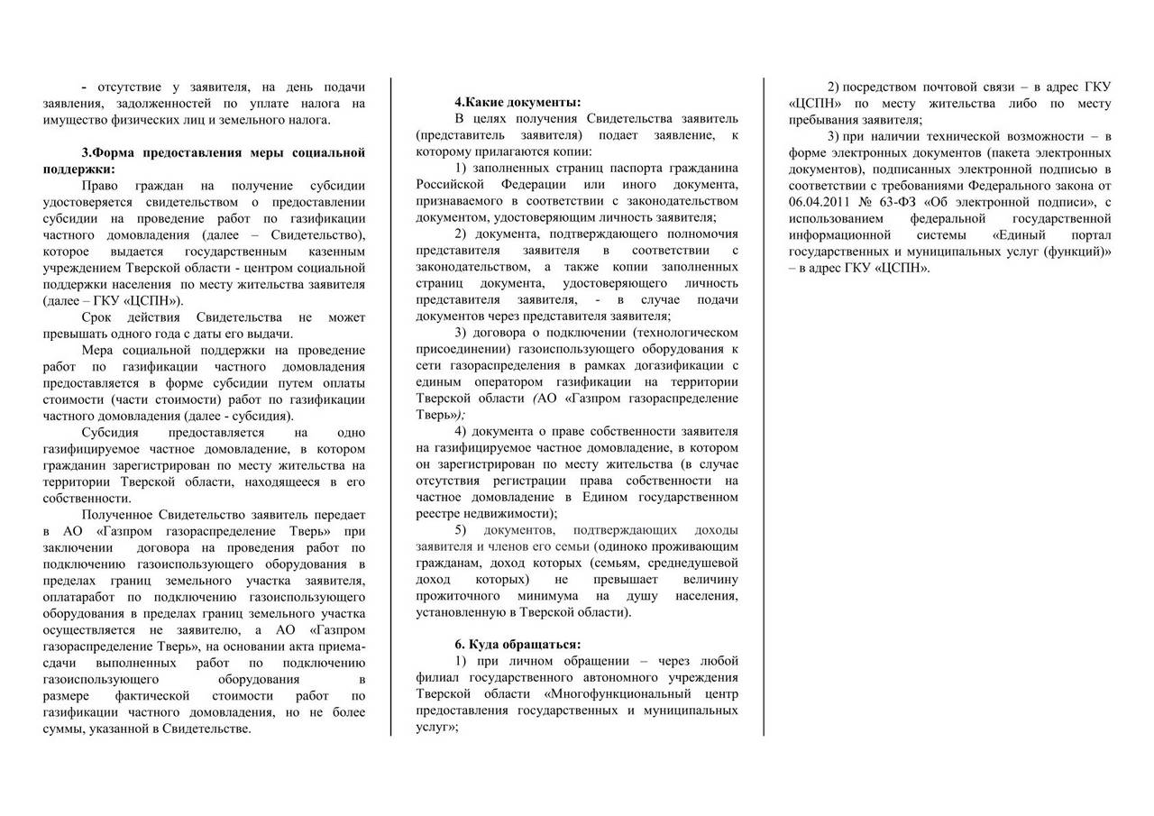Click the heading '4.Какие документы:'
click(517, 102)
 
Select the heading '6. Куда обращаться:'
click(517, 644)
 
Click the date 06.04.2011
click(820, 202)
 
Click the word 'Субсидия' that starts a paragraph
click(108, 432)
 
